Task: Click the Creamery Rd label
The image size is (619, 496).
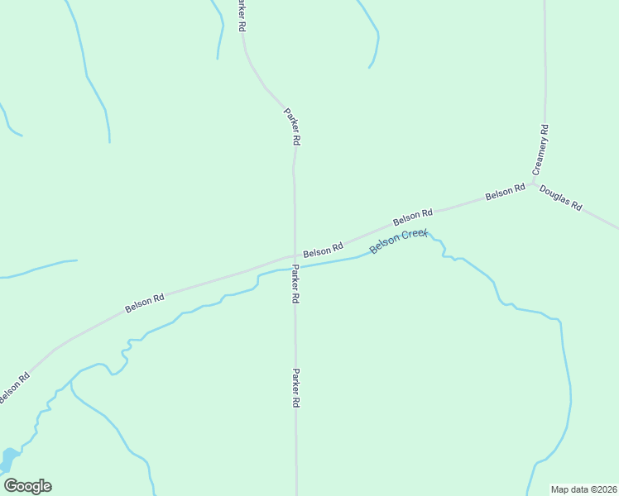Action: click(x=540, y=149)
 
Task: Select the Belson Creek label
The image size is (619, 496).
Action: click(x=398, y=241)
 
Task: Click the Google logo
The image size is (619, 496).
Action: click(x=27, y=486)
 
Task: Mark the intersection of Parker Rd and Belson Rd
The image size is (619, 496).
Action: click(x=295, y=255)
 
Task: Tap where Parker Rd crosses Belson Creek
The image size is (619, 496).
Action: click(x=295, y=268)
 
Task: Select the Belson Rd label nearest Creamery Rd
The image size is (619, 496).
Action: click(x=506, y=192)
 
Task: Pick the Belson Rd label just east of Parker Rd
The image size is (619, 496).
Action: click(x=323, y=249)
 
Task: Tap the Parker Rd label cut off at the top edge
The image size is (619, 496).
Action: click(x=242, y=16)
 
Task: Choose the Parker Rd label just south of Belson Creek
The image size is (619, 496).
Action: click(x=295, y=285)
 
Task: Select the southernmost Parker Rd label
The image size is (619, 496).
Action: click(x=295, y=388)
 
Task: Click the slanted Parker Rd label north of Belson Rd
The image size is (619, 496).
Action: click(x=291, y=126)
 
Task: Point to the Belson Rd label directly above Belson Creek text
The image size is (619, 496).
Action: click(x=413, y=217)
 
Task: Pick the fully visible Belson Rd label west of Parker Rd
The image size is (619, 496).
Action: click(x=145, y=303)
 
